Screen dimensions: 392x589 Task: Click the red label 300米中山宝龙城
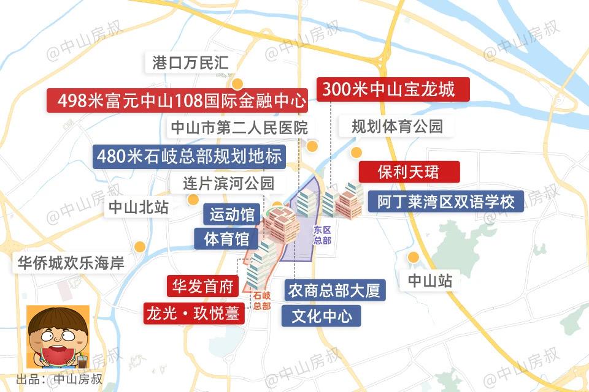393,90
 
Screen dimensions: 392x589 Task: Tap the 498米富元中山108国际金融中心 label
177,100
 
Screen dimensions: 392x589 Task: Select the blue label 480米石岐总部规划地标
189,157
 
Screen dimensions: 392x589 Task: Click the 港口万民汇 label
190,63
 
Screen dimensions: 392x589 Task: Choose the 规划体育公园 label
397,127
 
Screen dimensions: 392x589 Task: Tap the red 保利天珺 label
409,171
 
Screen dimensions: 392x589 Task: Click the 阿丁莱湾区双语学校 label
446,201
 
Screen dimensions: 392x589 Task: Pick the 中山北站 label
139,207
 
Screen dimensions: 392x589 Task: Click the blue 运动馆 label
233,215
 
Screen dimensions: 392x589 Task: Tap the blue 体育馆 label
226,238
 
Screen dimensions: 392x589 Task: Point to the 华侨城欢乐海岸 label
71,263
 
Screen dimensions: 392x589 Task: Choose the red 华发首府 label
202,286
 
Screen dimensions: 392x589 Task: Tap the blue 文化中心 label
321,316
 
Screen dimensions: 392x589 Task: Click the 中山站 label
430,281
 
